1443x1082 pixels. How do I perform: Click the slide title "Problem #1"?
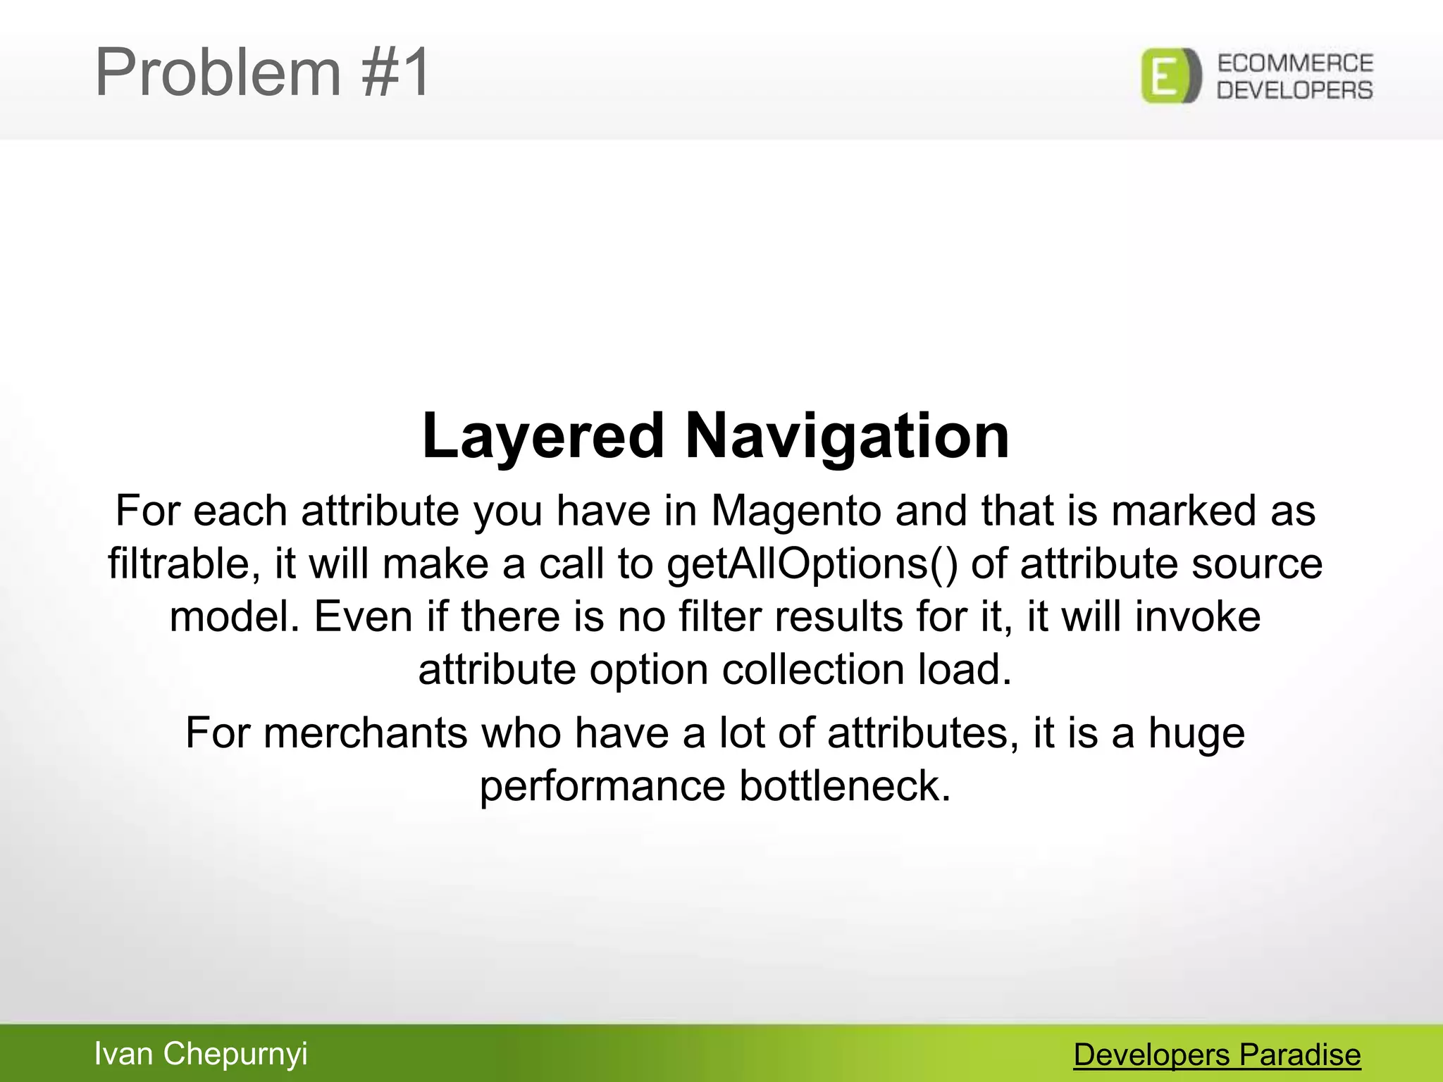click(x=262, y=72)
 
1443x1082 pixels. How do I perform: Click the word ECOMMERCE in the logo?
click(x=1295, y=63)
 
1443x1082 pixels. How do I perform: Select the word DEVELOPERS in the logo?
click(x=1295, y=90)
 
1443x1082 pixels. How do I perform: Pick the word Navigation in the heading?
click(x=847, y=437)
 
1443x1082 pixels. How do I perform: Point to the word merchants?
click(x=365, y=733)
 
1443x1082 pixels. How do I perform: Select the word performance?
click(x=602, y=786)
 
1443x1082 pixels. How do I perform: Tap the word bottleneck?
click(x=845, y=786)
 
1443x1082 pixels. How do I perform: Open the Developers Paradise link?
click(x=1217, y=1055)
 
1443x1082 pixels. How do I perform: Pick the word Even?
click(x=362, y=617)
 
